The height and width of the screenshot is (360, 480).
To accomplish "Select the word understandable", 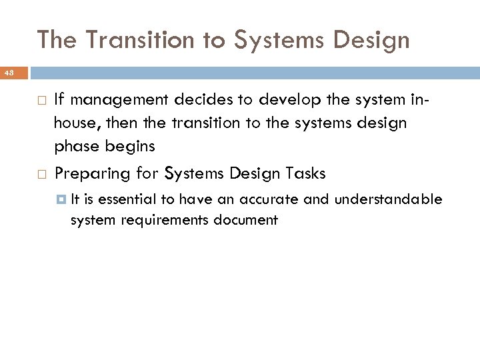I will click(388, 199).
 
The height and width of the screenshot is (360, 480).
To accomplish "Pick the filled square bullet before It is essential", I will click(61, 199).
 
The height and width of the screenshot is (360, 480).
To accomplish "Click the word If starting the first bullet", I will click(59, 100).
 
